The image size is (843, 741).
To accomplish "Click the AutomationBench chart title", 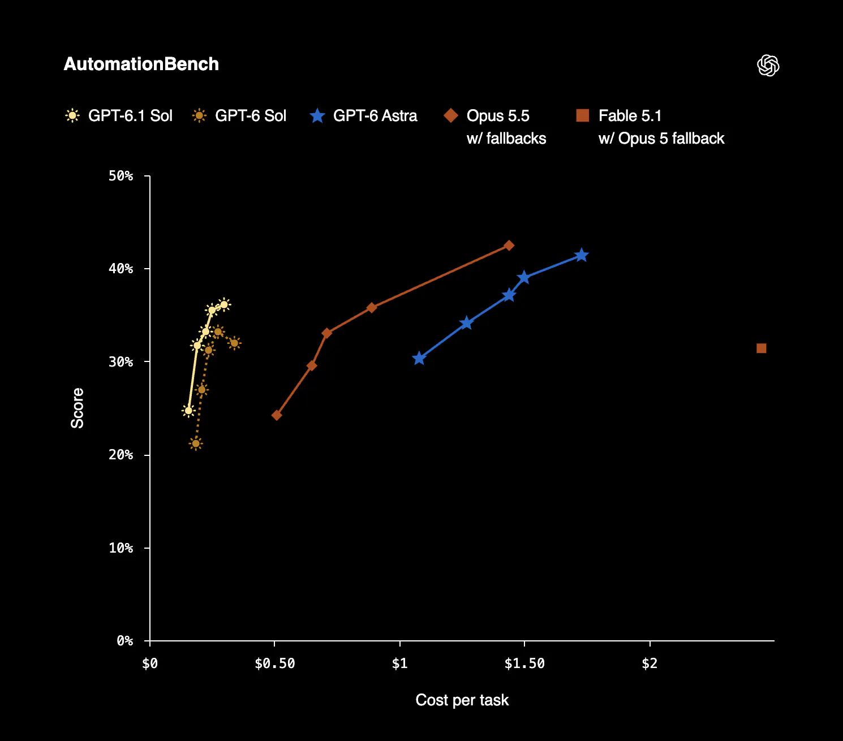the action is point(141,64).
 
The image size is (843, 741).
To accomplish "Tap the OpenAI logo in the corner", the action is point(768,65).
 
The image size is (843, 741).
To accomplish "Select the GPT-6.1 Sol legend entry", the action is point(119,115).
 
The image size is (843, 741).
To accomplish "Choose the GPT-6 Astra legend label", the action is point(375,115).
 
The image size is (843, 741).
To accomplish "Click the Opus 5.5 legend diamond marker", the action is point(451,115).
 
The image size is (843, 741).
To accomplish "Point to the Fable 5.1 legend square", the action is point(583,115).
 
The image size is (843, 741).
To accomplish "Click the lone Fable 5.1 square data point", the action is point(761,348).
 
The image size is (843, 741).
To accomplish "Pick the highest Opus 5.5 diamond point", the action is point(509,245).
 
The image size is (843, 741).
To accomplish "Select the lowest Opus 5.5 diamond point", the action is point(277,415).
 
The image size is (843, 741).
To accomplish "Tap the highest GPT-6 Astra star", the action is point(581,255).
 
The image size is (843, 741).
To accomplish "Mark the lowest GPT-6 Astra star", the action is point(419,358).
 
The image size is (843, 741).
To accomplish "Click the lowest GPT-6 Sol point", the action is point(196,443).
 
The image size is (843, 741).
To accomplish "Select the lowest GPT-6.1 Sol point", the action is point(188,411).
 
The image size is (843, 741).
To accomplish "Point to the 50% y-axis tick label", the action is point(121,176).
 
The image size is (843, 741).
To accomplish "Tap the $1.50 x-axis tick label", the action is point(524,663).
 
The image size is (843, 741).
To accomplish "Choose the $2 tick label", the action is point(650,663).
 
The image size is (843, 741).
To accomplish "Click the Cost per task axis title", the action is point(462,700).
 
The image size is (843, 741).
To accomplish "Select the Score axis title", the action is point(78,408).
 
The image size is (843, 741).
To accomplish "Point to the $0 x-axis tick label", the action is point(150,663).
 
